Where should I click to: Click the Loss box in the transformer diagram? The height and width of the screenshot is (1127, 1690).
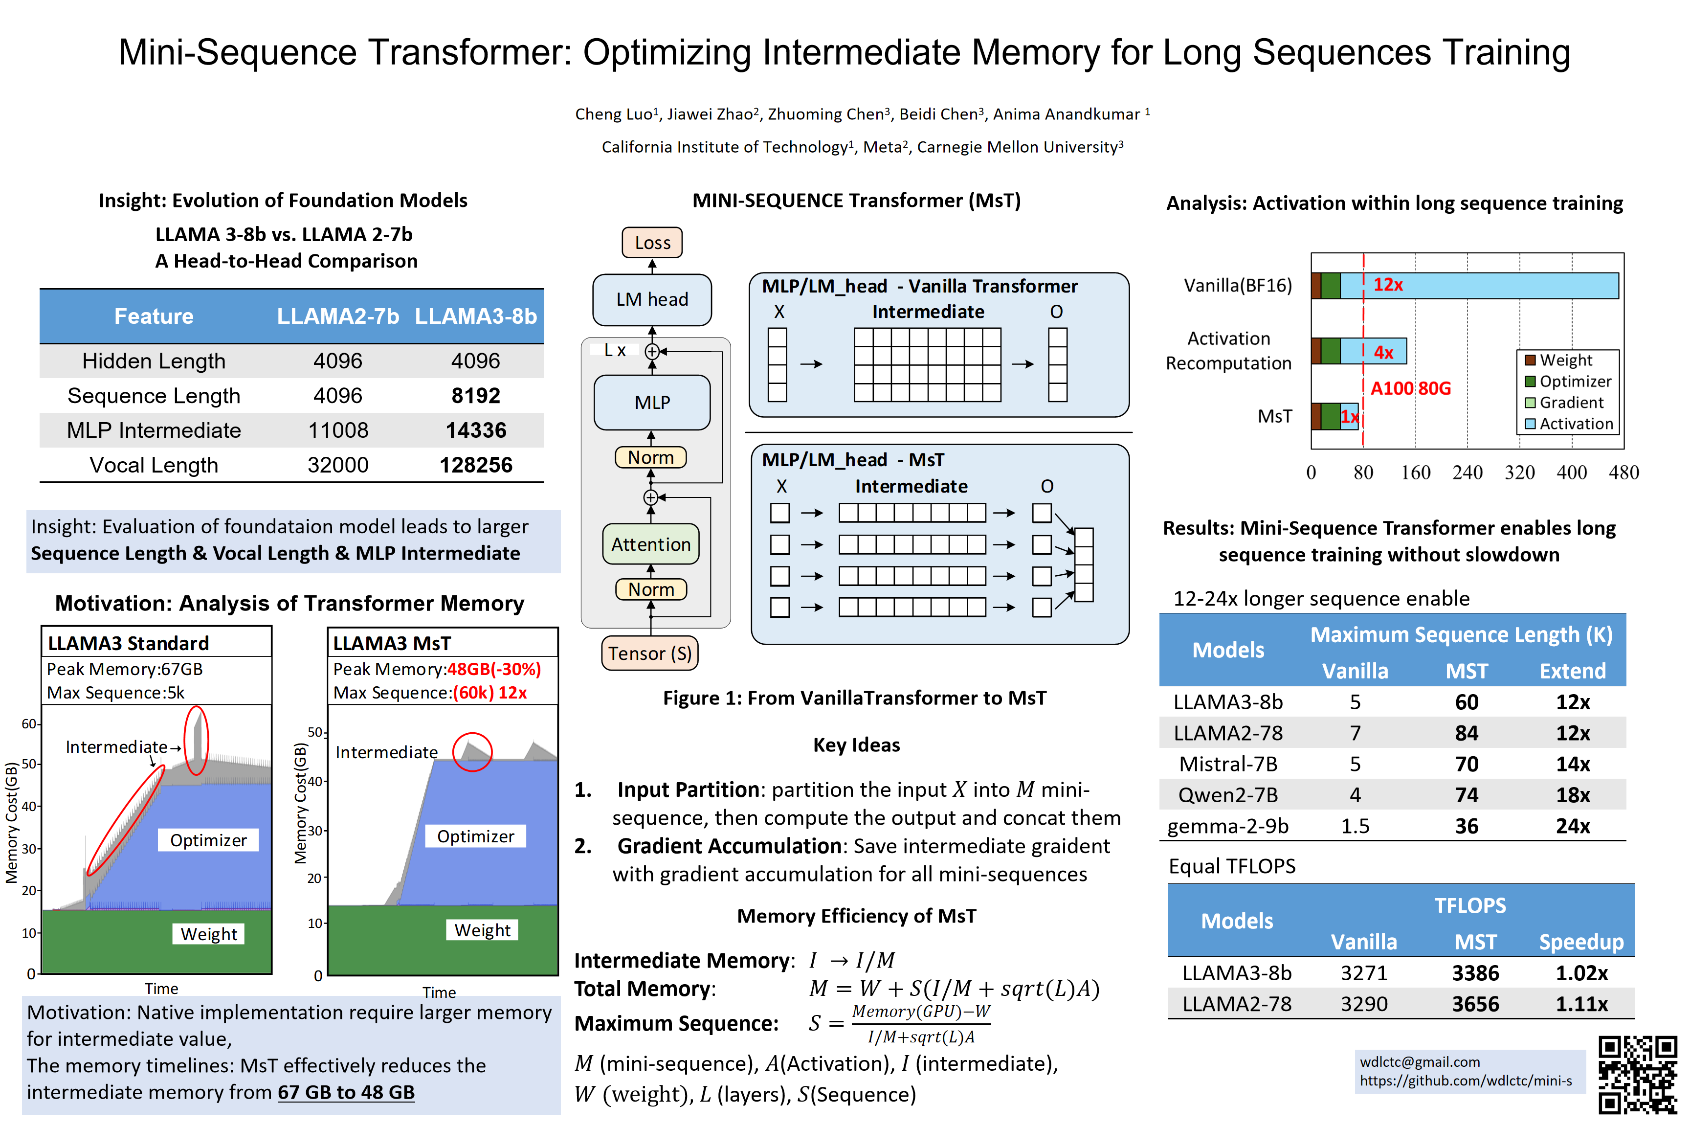[x=652, y=243]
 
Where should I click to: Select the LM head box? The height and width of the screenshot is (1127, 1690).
[x=652, y=299]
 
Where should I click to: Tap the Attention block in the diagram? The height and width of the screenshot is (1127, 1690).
[x=650, y=544]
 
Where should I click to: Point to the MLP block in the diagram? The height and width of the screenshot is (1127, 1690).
[x=652, y=403]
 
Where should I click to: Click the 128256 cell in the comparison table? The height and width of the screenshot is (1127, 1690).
[x=476, y=465]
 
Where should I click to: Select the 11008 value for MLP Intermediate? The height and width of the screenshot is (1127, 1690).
[x=338, y=430]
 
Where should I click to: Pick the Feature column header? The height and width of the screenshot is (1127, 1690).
[x=154, y=316]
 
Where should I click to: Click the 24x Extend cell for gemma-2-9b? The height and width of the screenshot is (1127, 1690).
[x=1572, y=826]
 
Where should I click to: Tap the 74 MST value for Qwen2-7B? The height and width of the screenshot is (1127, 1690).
[x=1466, y=795]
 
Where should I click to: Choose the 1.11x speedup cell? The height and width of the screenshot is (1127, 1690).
[x=1581, y=1004]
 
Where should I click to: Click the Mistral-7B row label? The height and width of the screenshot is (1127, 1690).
[x=1228, y=764]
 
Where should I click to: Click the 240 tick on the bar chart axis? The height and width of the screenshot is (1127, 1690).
[x=1467, y=473]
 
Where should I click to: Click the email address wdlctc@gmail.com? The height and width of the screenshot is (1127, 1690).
[x=1419, y=1061]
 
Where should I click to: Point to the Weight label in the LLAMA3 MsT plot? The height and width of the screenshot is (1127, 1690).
[x=482, y=930]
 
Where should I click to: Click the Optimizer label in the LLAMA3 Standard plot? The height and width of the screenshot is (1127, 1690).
[x=208, y=840]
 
